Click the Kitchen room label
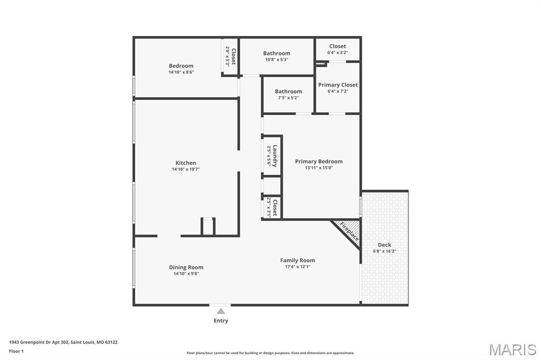point(185,163)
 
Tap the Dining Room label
point(186,267)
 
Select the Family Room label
point(297,260)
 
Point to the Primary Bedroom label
point(319,162)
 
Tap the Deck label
point(385,245)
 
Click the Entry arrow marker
point(221,311)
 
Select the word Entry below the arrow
point(221,321)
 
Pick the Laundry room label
point(275,156)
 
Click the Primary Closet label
point(338,85)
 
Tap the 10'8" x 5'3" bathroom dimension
point(276,60)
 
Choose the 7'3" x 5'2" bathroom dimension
point(288,98)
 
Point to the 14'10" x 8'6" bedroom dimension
point(181,72)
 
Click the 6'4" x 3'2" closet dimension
point(338,53)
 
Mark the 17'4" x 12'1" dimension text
point(297,267)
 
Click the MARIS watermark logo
point(512,349)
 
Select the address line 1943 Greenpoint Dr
point(63,342)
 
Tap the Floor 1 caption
point(16,351)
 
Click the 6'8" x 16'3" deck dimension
point(385,251)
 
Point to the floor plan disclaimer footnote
point(270,353)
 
